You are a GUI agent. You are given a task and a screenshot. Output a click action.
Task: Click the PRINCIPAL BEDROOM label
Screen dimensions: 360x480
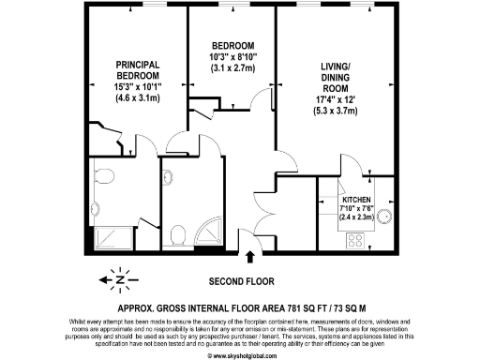[138, 68]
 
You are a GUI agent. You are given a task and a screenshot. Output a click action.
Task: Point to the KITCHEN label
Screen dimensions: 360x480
[355, 199]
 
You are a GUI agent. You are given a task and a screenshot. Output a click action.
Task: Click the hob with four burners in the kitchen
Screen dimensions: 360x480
[357, 240]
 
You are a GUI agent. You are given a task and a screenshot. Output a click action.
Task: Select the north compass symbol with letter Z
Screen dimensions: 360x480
[120, 279]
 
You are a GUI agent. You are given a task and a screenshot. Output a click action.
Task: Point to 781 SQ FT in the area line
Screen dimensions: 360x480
[299, 307]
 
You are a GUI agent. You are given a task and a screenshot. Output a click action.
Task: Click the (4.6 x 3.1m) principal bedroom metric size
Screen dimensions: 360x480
[138, 97]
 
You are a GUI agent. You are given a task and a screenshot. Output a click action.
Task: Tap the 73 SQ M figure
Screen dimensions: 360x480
[351, 307]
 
